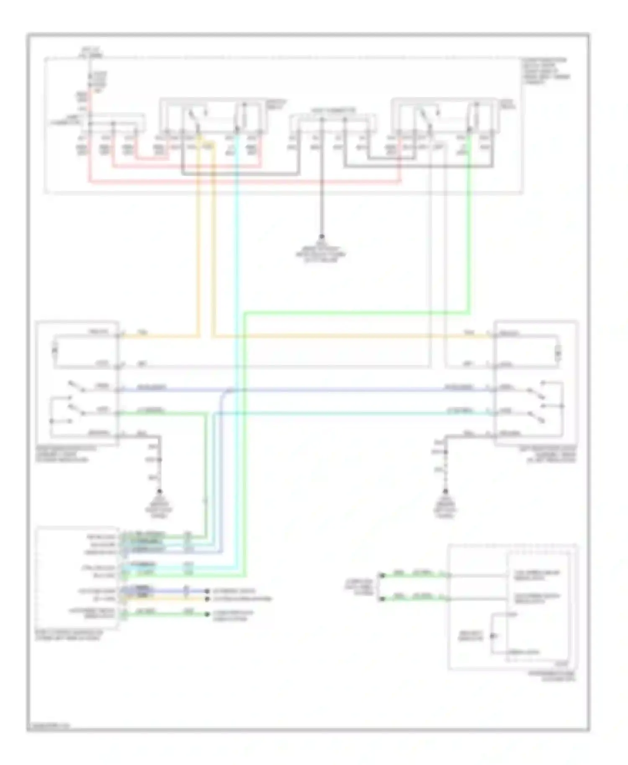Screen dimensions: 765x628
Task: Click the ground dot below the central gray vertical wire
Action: click(x=322, y=237)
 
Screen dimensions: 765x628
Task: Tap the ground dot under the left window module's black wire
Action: click(x=160, y=491)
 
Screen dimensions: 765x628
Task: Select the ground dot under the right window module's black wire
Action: click(x=445, y=491)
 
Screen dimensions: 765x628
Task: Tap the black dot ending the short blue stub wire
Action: click(x=206, y=591)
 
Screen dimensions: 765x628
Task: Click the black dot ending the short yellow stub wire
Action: click(x=206, y=599)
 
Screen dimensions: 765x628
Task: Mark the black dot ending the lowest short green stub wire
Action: click(x=206, y=614)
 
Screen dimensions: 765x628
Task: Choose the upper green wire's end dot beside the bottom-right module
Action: click(x=381, y=575)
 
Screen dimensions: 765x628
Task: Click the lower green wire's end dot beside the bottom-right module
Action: click(x=381, y=599)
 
